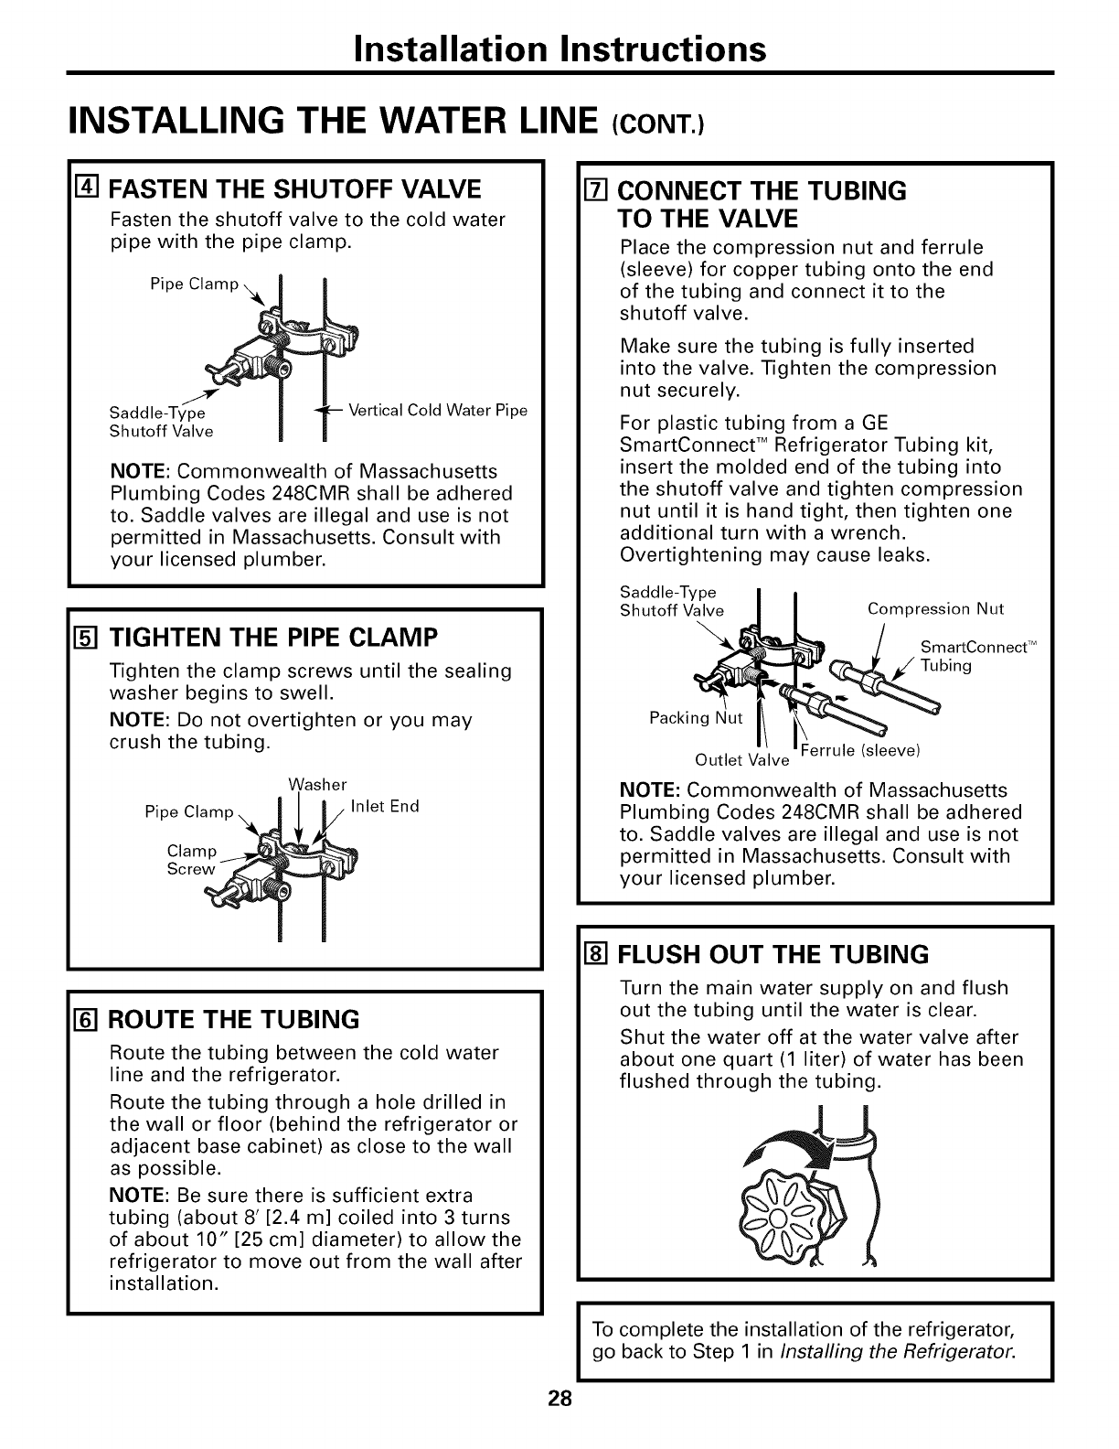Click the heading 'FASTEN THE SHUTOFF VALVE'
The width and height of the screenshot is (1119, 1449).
[294, 189]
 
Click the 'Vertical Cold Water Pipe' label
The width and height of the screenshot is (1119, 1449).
[438, 410]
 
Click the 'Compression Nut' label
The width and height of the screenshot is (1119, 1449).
[934, 609]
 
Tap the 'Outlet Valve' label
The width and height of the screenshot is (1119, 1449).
[741, 760]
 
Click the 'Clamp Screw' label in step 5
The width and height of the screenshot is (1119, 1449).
[191, 860]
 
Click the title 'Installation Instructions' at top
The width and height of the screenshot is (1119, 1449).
[559, 48]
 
